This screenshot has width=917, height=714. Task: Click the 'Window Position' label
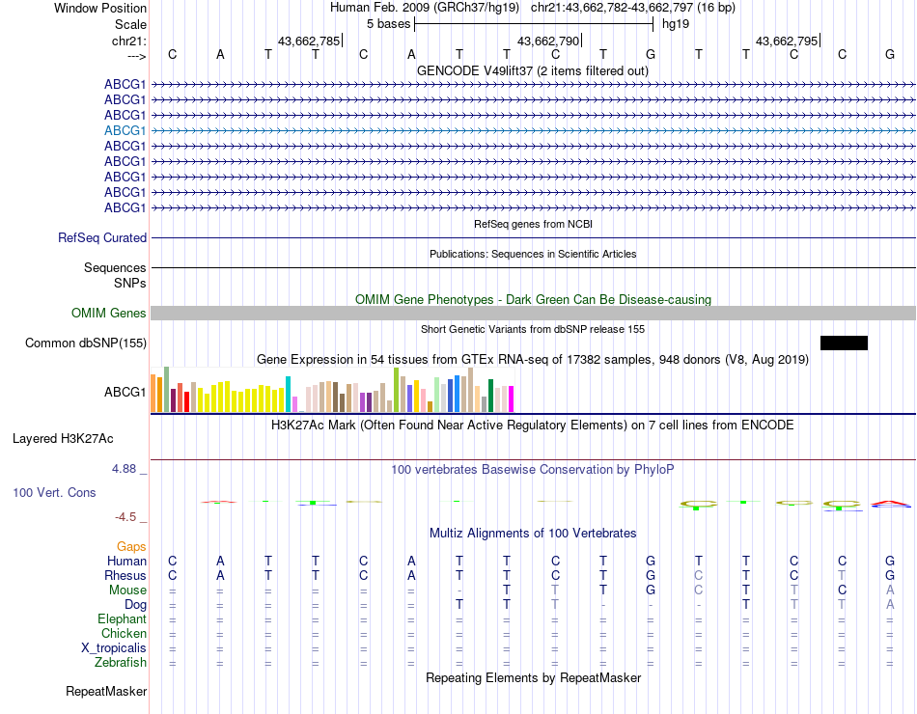click(x=99, y=8)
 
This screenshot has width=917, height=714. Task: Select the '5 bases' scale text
click(x=388, y=24)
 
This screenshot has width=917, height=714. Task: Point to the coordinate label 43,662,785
click(x=308, y=41)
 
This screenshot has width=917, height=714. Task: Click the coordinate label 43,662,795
click(x=786, y=41)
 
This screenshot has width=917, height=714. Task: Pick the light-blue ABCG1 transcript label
click(x=125, y=130)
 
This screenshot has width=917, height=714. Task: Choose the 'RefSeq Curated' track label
click(x=102, y=237)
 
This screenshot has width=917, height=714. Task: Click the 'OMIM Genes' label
click(x=108, y=313)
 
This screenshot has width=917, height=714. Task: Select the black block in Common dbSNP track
click(x=844, y=343)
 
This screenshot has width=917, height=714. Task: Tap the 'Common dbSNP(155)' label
click(x=86, y=343)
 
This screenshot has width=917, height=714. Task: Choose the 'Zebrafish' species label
click(x=121, y=663)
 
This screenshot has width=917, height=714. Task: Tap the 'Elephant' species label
click(x=122, y=618)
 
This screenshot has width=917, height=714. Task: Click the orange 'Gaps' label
click(x=131, y=546)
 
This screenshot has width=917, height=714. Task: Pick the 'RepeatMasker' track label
click(x=106, y=691)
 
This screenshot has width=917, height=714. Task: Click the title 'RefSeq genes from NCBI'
click(x=533, y=224)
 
